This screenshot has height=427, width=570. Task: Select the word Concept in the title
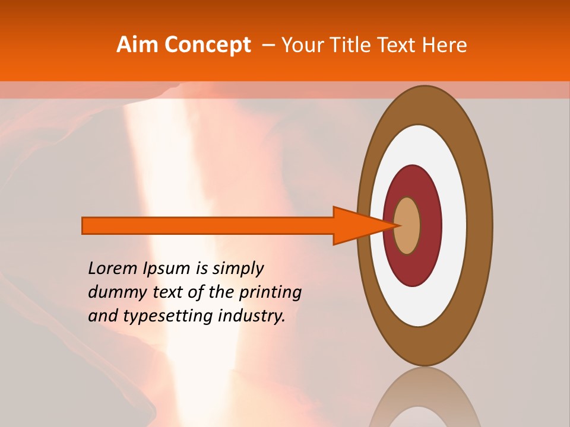(x=207, y=45)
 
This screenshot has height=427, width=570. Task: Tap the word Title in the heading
(x=353, y=45)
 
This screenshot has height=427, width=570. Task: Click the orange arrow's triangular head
(x=356, y=225)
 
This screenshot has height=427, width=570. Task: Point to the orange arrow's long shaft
(x=208, y=225)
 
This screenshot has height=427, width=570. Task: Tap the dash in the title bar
(x=268, y=46)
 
